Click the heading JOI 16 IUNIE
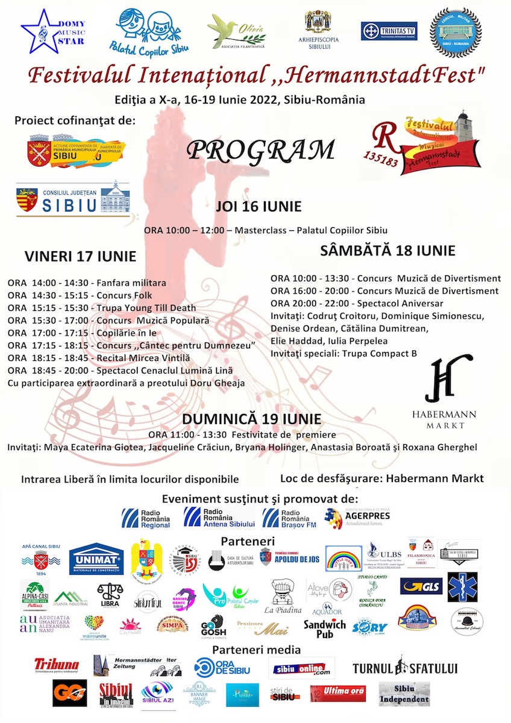[259, 207]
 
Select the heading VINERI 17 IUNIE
[80, 256]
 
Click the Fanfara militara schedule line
[87, 283]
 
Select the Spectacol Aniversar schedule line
[357, 303]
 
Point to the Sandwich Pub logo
[325, 628]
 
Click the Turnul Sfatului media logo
[405, 668]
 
